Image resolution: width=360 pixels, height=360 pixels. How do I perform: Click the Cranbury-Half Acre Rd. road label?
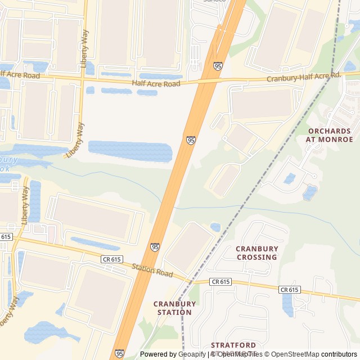click(x=304, y=77)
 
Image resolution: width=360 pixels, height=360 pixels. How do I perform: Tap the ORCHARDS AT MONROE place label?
click(x=329, y=135)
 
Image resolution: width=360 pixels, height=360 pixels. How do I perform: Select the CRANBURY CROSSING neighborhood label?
click(x=256, y=253)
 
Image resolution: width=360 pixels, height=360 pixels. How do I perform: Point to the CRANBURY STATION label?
click(x=175, y=308)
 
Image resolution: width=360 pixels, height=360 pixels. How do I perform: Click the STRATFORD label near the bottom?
click(x=233, y=345)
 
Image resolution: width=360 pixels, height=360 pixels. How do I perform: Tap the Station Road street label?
click(x=152, y=270)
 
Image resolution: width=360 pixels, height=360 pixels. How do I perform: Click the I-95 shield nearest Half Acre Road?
click(x=218, y=66)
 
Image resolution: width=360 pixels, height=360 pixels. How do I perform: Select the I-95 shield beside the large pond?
click(x=191, y=140)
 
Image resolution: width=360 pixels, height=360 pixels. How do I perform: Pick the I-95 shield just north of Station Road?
click(x=155, y=247)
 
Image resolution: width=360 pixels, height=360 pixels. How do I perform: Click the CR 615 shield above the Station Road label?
click(x=111, y=259)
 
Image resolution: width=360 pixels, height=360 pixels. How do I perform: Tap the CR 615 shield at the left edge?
click(x=5, y=237)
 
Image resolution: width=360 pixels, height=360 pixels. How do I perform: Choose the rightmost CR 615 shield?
click(x=289, y=290)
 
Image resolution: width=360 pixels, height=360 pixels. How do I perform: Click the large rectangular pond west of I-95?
click(x=130, y=151)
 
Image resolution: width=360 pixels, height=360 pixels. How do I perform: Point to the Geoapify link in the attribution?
click(x=192, y=354)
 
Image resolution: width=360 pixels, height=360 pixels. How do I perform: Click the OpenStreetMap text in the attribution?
click(x=295, y=354)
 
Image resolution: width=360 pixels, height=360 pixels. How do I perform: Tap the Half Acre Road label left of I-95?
click(x=156, y=83)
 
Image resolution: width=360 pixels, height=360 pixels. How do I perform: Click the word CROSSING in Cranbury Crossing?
click(x=256, y=257)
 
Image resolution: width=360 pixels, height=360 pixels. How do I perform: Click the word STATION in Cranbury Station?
click(x=175, y=312)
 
